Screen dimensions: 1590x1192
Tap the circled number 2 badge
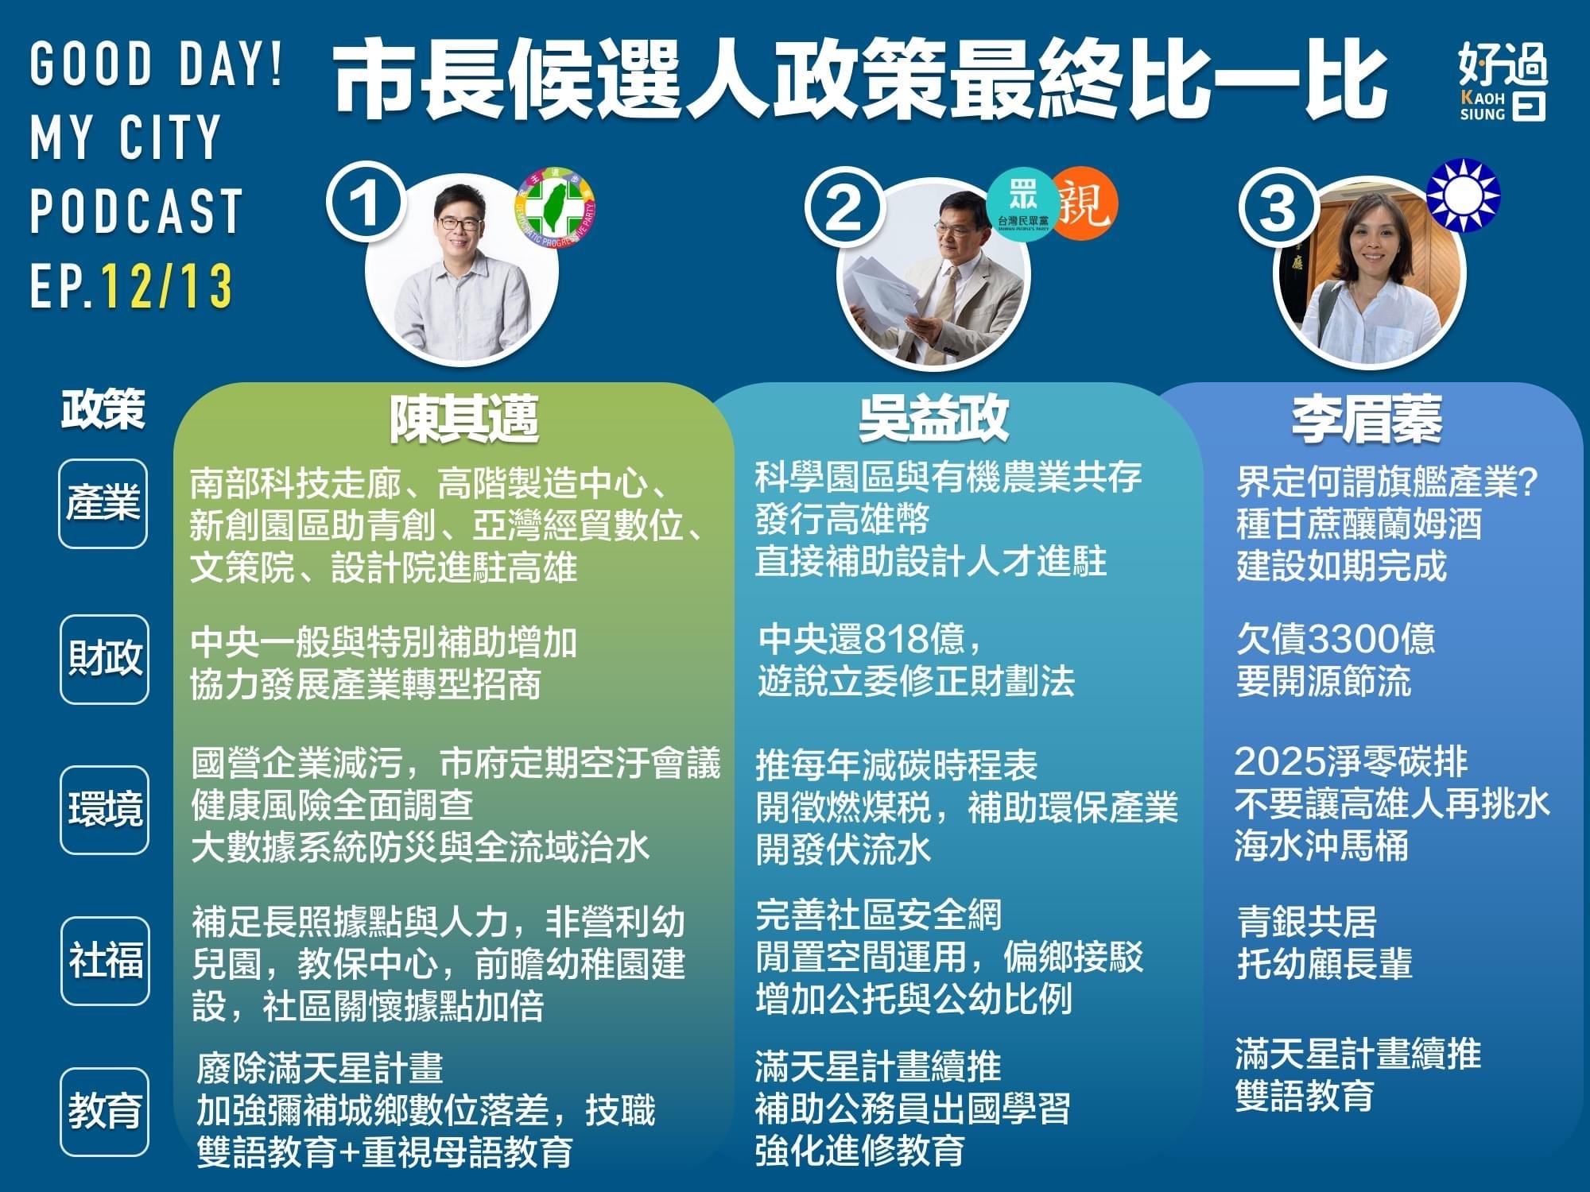[x=843, y=208]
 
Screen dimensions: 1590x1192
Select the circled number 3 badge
[x=1277, y=208]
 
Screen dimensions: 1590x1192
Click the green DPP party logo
[x=555, y=208]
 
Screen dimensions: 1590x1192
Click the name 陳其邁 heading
[x=463, y=418]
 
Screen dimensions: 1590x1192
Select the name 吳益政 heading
[x=933, y=418]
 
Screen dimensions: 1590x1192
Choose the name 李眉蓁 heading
[x=1366, y=420]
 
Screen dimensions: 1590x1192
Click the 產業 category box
[x=103, y=504]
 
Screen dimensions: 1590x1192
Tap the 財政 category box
[x=104, y=659]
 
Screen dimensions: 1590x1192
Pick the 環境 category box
[x=104, y=810]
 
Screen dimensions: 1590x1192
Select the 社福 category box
[x=105, y=961]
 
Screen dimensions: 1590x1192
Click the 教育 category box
[x=105, y=1112]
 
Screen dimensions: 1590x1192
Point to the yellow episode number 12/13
[x=168, y=286]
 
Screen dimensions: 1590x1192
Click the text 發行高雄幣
[x=843, y=521]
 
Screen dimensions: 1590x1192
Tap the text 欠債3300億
[x=1336, y=639]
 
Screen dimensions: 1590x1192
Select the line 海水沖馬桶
[x=1321, y=846]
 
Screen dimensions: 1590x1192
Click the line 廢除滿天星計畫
[x=320, y=1068]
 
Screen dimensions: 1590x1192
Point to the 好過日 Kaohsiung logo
[x=1503, y=81]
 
